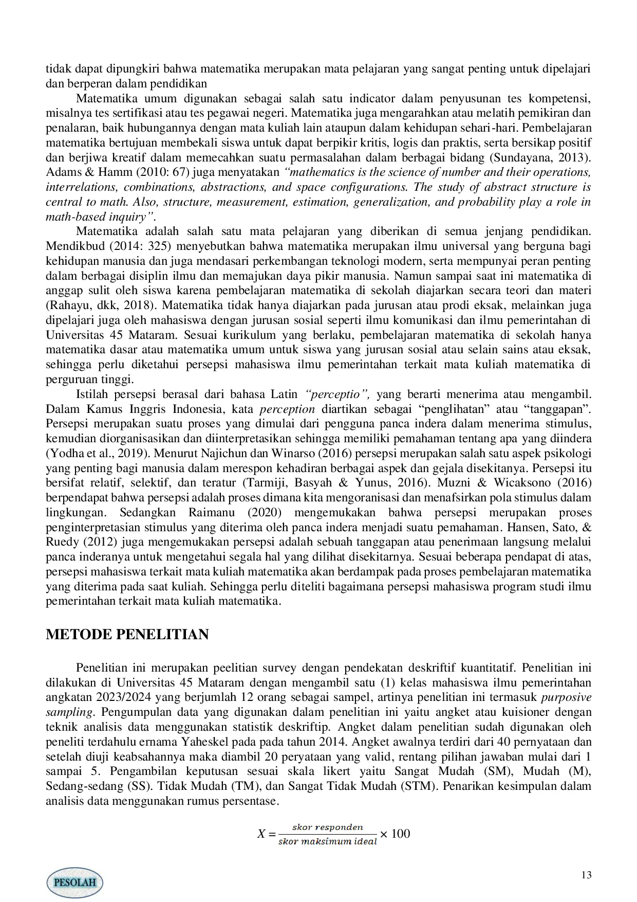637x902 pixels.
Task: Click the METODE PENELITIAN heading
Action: coord(127,634)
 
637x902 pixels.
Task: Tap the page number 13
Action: coord(586,875)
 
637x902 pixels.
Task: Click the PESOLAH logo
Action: coord(75,882)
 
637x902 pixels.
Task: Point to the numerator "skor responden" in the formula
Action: coord(327,827)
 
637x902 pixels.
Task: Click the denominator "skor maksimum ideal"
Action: coord(327,842)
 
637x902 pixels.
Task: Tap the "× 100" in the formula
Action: coord(395,834)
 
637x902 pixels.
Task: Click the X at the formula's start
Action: coord(261,834)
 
